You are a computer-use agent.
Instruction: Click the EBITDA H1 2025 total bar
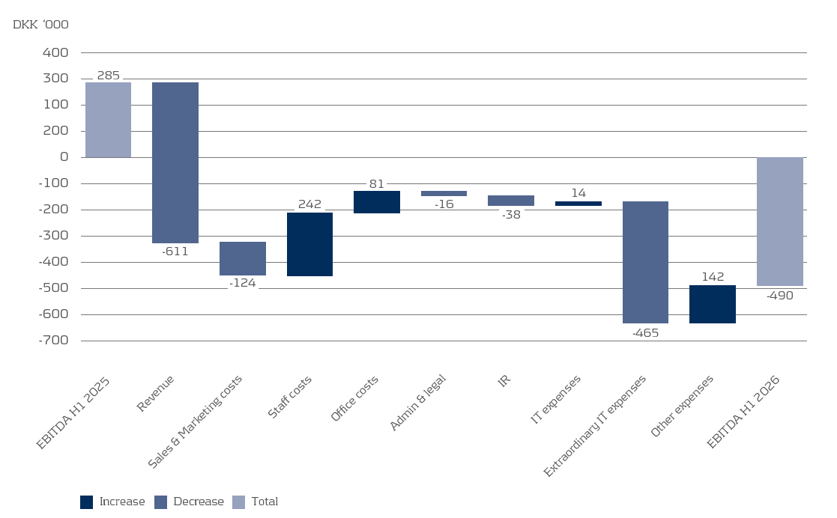coord(109,120)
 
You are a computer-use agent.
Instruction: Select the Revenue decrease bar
coord(175,162)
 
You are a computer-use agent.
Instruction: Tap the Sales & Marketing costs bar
coord(243,259)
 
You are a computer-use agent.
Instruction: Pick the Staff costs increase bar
coord(309,244)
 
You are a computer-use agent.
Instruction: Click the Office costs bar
coord(377,201)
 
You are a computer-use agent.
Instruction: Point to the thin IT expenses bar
coord(578,204)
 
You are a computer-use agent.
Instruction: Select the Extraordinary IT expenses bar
coord(645,262)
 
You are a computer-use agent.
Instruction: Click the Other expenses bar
coord(713,304)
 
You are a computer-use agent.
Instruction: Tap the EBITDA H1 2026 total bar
coord(780,222)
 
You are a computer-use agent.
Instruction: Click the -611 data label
coord(175,252)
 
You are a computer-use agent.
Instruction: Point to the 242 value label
coord(309,204)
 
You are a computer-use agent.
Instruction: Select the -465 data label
coord(645,333)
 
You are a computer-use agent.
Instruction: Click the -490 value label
coord(780,296)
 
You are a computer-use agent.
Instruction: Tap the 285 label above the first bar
coord(109,75)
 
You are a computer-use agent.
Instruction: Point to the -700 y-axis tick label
coord(53,341)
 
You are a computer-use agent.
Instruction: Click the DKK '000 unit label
coord(40,25)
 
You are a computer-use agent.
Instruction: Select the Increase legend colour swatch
coord(86,502)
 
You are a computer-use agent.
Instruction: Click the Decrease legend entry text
coord(199,502)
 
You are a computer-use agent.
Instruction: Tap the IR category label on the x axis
coord(504,380)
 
